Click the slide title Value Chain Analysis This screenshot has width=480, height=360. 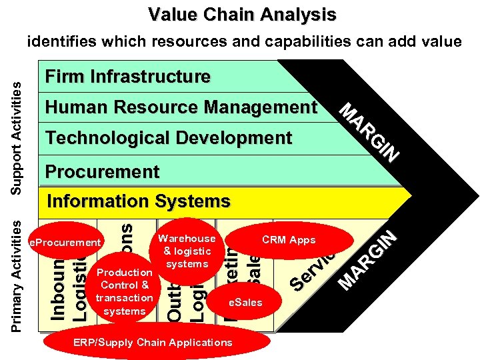coord(242,14)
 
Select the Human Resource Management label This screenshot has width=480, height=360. coord(181,107)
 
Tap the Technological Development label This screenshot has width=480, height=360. coord(168,138)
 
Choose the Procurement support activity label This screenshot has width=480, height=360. coord(102,171)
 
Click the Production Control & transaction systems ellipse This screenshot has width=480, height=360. coord(125,291)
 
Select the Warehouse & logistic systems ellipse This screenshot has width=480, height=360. coord(187,251)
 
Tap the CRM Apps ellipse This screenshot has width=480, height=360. coord(288,240)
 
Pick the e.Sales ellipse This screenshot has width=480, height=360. coord(245,303)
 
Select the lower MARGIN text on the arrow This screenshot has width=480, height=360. coord(369,260)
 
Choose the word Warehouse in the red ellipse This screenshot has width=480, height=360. coord(187,238)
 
